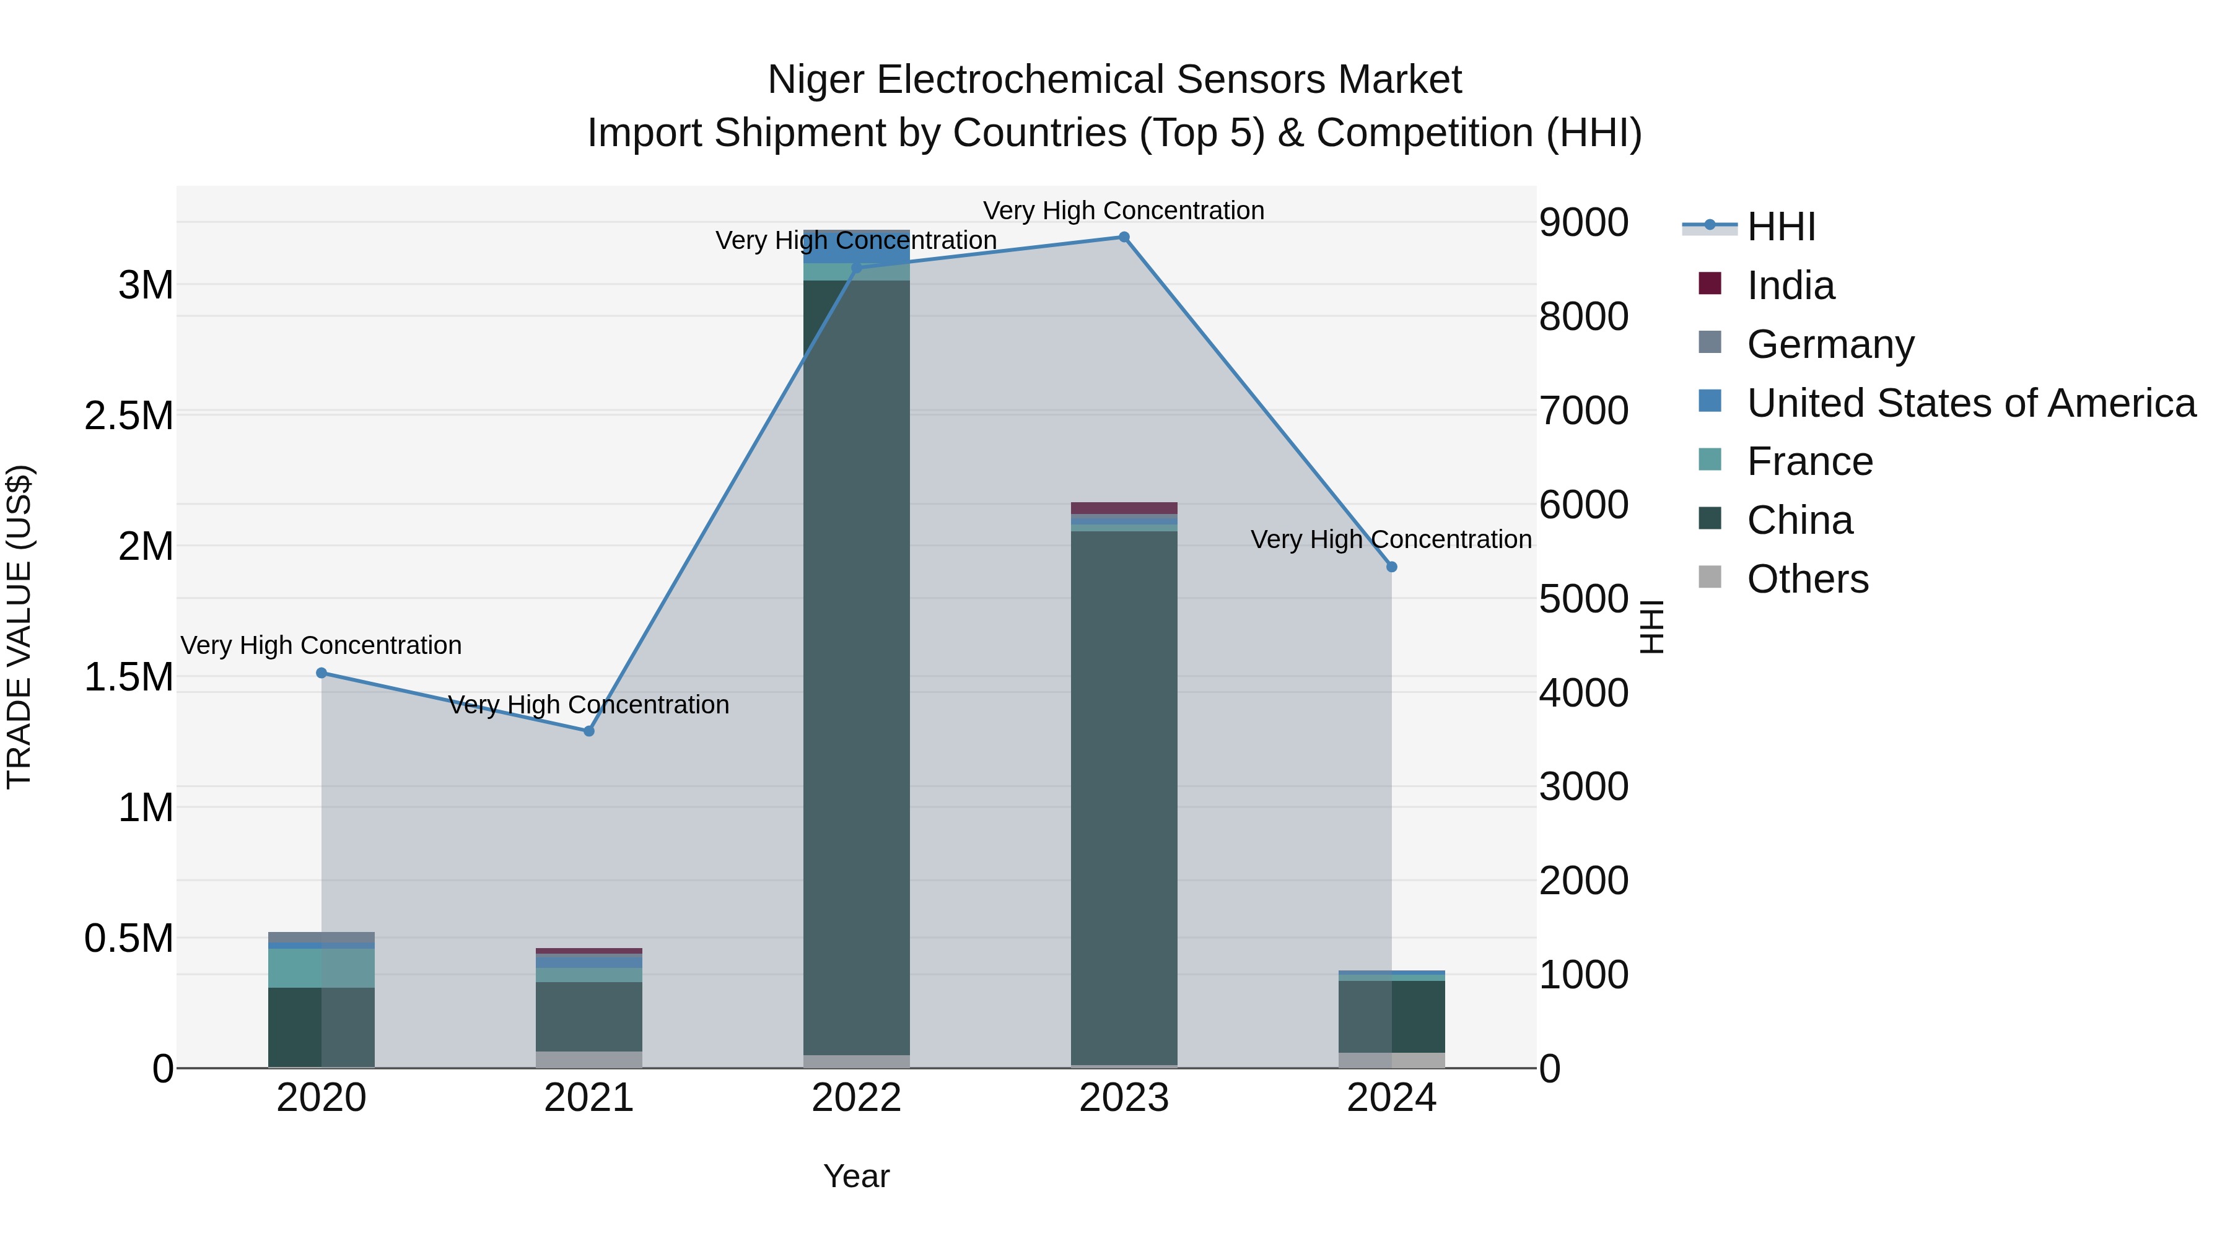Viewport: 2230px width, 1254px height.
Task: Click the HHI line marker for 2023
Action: point(1124,237)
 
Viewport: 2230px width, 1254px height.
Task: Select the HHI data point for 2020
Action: point(321,673)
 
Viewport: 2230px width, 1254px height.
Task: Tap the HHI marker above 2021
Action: point(588,731)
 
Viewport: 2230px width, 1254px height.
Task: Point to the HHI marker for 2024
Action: point(1391,567)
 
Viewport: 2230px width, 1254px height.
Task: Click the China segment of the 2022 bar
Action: point(856,666)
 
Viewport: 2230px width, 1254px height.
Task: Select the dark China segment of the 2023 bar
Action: point(1124,796)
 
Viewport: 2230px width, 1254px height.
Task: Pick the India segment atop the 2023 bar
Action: point(1124,508)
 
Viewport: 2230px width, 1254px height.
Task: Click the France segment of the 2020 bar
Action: point(321,967)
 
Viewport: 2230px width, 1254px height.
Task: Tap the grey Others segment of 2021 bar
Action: point(588,1060)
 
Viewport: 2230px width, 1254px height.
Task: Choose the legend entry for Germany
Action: point(1830,344)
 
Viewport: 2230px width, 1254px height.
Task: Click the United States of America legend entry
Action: point(1970,403)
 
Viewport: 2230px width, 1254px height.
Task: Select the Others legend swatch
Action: point(1710,577)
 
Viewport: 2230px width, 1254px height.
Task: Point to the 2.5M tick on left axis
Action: point(128,416)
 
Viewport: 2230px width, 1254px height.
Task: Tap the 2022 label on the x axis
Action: point(856,1098)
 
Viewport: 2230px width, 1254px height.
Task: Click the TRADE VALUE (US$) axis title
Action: point(19,627)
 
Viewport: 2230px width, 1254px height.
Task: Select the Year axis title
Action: point(856,1176)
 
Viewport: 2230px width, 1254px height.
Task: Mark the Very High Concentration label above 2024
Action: point(1391,539)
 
